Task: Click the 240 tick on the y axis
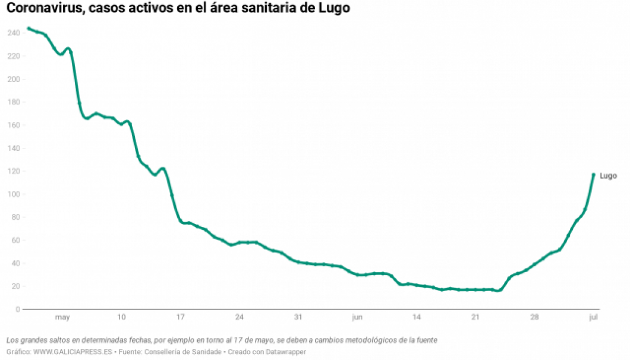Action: tap(14, 33)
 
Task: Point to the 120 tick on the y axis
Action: tap(14, 171)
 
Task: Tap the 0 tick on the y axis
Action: tap(18, 309)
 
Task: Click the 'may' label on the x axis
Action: tap(62, 318)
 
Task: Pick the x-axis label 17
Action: tap(180, 318)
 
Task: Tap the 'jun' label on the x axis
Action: tap(357, 318)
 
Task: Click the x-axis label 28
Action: tap(534, 318)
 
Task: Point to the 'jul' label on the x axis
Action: tap(593, 318)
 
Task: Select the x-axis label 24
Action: tap(239, 318)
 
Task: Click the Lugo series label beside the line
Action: tap(608, 176)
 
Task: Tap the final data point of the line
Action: tap(593, 174)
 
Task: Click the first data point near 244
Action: tap(29, 28)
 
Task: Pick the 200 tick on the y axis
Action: tap(14, 80)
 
